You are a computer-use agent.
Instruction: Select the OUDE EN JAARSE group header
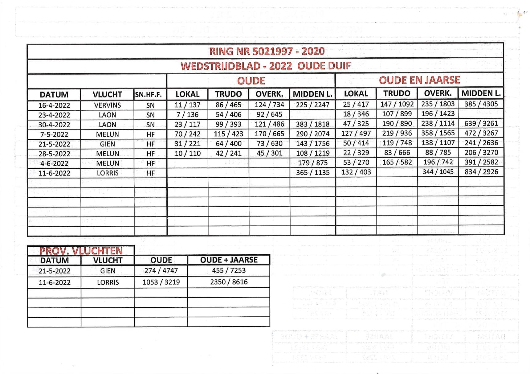pos(419,80)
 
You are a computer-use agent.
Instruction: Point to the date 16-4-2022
pos(54,105)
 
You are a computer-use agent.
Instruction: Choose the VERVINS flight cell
pos(107,105)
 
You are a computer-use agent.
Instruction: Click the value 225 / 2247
pos(312,105)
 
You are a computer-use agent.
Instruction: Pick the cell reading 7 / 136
pos(187,115)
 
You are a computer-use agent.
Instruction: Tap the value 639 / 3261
pos(481,123)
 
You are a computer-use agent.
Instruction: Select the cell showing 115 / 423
pos(228,134)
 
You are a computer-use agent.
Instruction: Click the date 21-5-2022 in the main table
pos(54,144)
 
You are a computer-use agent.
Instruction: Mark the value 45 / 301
pos(269,153)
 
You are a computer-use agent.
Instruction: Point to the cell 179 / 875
pos(312,163)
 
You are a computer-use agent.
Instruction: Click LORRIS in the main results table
pos(108,173)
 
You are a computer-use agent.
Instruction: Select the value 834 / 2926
pos(481,172)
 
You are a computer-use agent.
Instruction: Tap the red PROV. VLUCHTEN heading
pos(81,251)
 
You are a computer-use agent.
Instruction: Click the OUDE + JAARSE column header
pos(229,260)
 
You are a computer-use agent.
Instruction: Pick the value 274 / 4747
pos(161,270)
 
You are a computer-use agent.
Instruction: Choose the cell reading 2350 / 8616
pos(229,282)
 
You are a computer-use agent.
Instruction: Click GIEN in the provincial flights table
pos(108,271)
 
